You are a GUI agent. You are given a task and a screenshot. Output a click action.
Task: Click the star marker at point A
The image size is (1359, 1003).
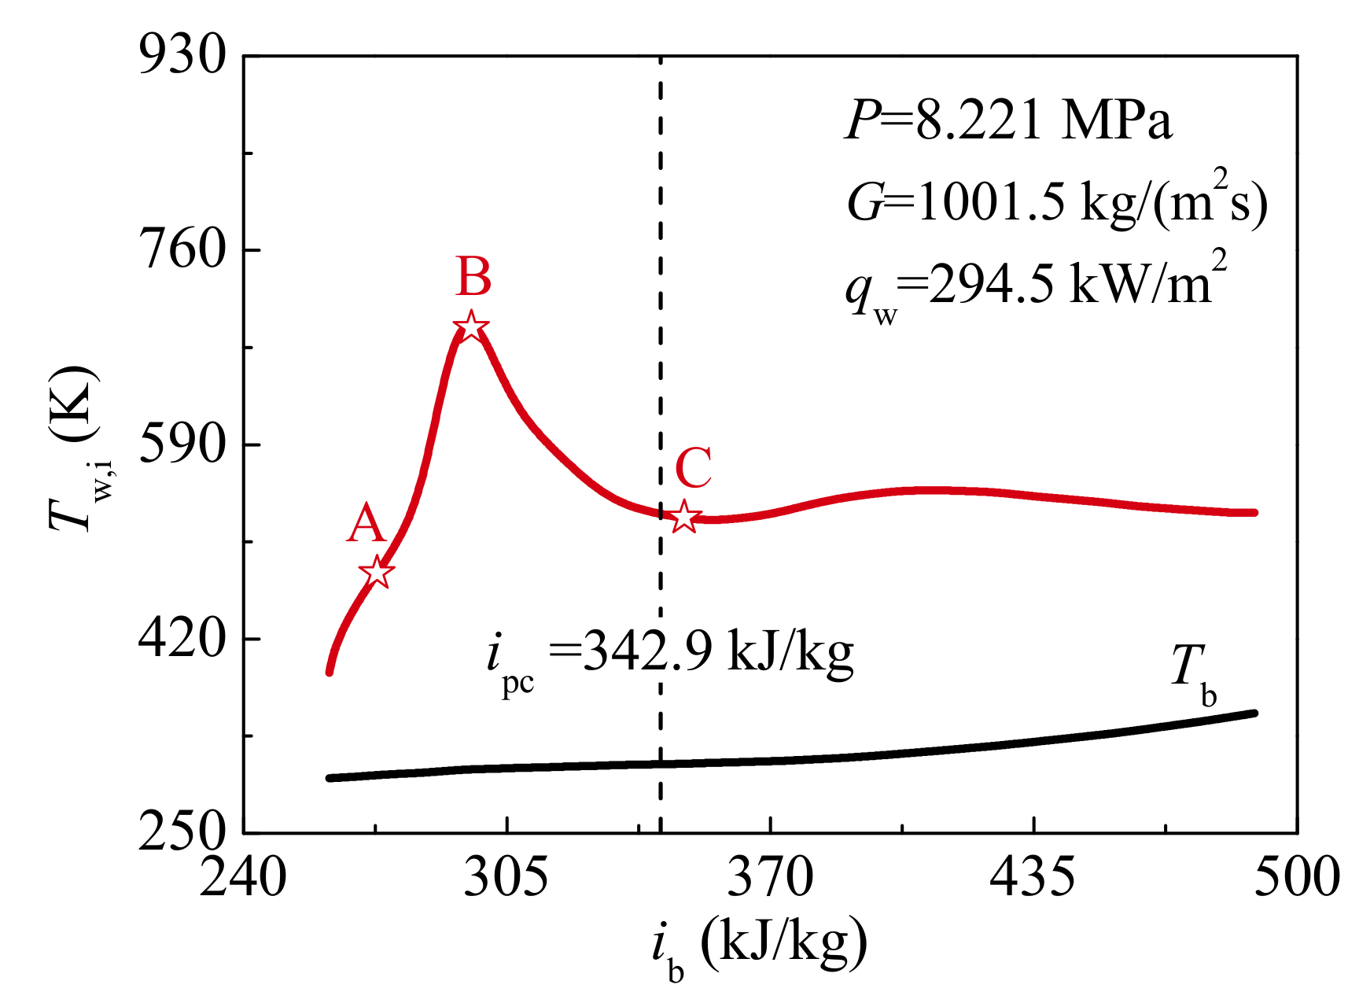click(377, 572)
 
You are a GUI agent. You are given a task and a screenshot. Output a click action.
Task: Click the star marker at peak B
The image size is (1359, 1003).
click(470, 326)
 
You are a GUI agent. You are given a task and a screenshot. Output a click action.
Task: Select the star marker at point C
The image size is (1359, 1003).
click(685, 517)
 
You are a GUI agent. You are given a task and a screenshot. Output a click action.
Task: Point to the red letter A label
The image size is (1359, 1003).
click(366, 524)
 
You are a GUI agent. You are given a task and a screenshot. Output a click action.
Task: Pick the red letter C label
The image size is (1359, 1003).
click(694, 469)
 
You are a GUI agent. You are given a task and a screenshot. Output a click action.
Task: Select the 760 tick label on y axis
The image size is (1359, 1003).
click(182, 249)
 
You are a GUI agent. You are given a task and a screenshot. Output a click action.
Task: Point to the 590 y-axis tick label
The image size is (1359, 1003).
click(182, 444)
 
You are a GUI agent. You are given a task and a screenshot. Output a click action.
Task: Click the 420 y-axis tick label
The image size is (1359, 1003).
click(182, 638)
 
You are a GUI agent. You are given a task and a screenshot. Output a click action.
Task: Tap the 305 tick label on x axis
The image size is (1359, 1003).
click(506, 877)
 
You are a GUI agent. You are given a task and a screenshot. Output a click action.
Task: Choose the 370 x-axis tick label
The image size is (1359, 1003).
click(770, 877)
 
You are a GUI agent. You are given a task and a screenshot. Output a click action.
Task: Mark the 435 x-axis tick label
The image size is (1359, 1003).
click(1033, 877)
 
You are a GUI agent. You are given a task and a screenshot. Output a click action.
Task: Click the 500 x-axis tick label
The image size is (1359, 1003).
click(1296, 877)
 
